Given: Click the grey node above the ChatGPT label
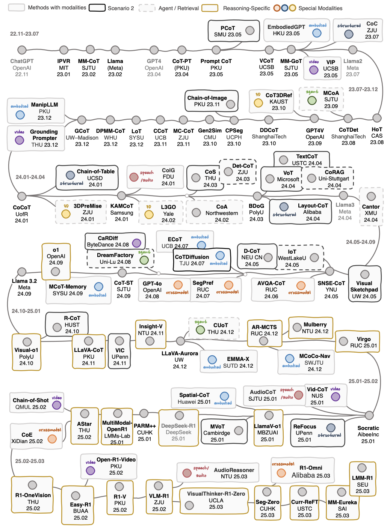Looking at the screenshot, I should pos(22,50).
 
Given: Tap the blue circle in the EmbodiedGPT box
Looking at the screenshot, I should pos(317,33).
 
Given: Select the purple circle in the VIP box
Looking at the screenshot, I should pos(314,70).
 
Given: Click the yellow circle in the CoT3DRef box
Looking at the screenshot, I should pos(258,103).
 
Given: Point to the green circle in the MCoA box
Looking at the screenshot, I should pos(312,100).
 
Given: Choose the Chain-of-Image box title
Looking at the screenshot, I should pos(207,98).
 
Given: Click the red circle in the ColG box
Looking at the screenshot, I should pos(134,177).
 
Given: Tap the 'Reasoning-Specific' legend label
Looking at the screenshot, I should pos(246,8).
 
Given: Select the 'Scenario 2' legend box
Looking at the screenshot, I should pos(97,8).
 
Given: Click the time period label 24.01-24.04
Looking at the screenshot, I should pos(30,177).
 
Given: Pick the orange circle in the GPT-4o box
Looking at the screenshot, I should pos(178,285).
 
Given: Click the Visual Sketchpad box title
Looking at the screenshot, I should pos(364,286).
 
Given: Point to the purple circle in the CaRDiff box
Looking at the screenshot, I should pos(137,243).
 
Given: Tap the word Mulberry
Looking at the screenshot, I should pos(315,325).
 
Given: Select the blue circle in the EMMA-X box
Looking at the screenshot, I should pos(212,360).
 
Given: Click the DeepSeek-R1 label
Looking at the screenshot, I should pos(178,426).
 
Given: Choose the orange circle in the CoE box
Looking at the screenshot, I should pos(52,439).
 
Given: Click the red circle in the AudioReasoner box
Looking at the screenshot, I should pos(187,473).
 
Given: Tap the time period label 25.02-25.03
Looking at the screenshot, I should pos(30,461).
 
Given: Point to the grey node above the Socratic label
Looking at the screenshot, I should pos(369,415).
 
